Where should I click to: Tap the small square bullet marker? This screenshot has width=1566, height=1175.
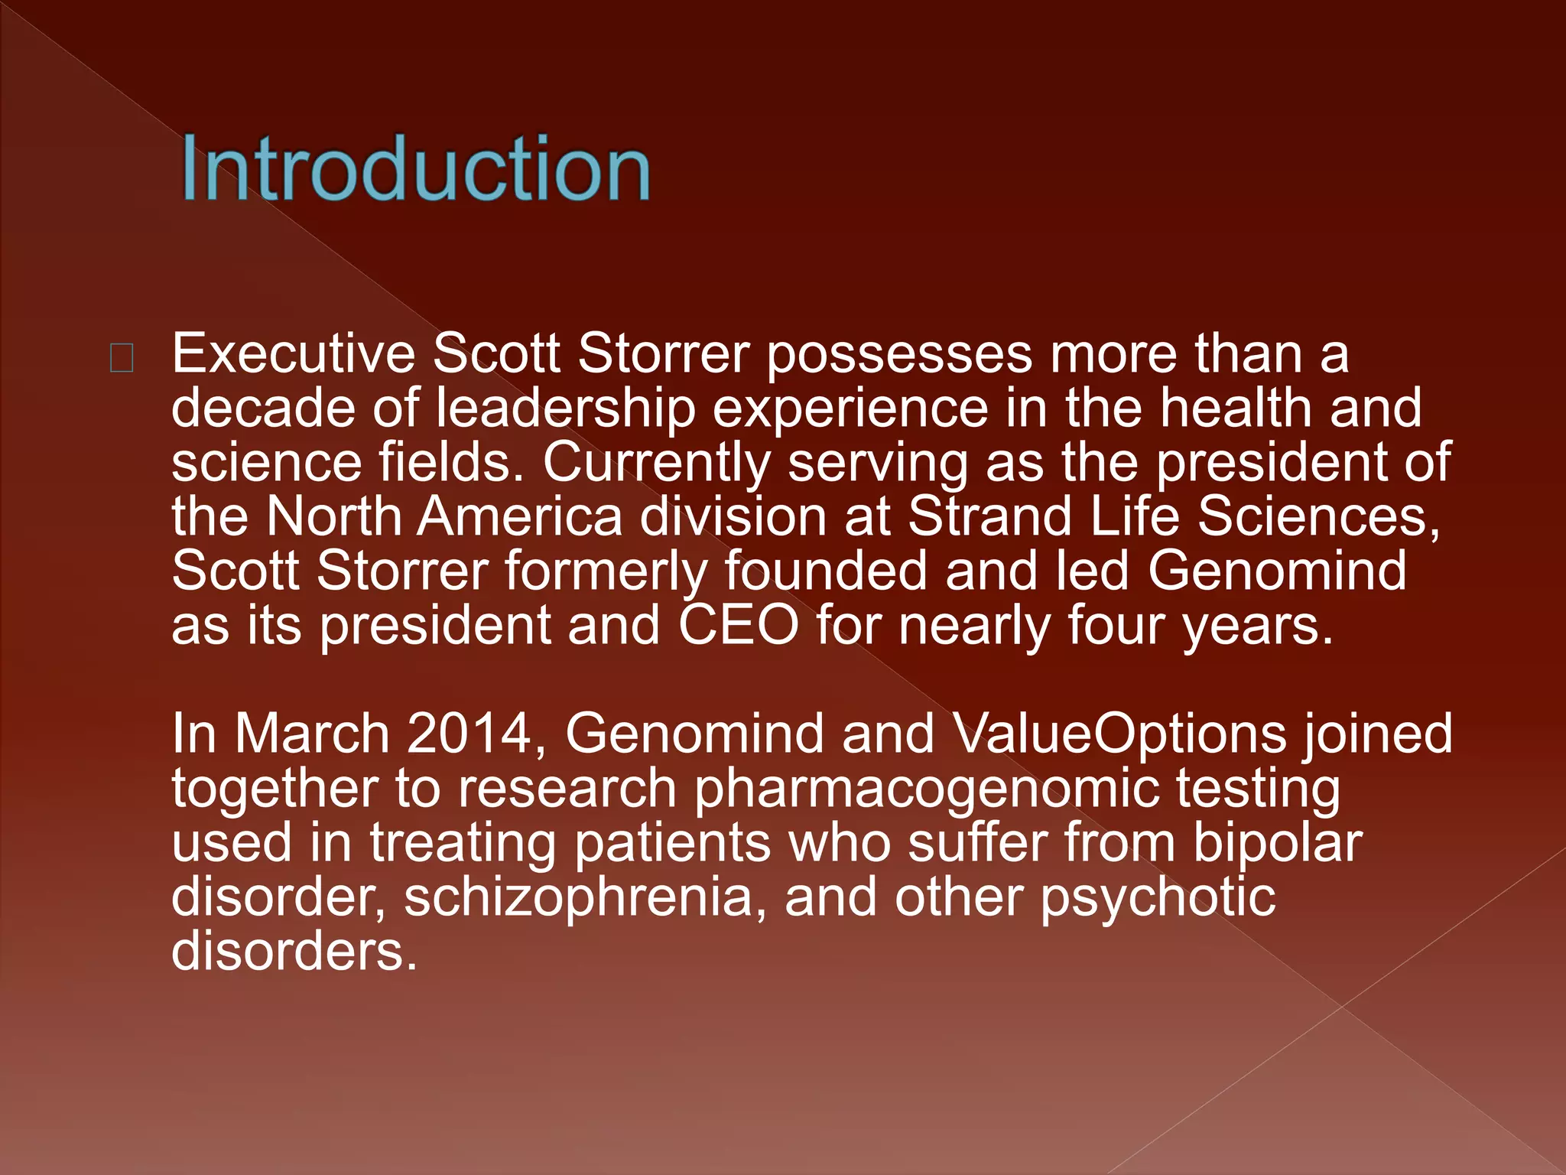[x=122, y=357]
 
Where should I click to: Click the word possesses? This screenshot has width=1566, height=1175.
[x=899, y=356]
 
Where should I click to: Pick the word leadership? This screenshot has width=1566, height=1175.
[x=566, y=409]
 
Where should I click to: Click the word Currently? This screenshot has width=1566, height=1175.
[x=657, y=464]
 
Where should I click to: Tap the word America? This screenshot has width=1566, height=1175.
[x=520, y=516]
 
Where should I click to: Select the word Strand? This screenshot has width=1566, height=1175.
[x=990, y=516]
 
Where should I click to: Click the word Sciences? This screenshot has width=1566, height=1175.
[x=1318, y=518]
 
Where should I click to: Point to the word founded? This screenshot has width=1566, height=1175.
[x=826, y=571]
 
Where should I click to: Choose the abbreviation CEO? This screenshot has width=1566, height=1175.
[x=739, y=626]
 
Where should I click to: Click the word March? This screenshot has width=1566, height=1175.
[x=312, y=734]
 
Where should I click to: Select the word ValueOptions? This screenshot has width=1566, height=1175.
[x=1120, y=735]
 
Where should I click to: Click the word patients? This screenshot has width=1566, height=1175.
[x=672, y=845]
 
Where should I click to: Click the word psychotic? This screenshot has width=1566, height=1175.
[x=1158, y=899]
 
